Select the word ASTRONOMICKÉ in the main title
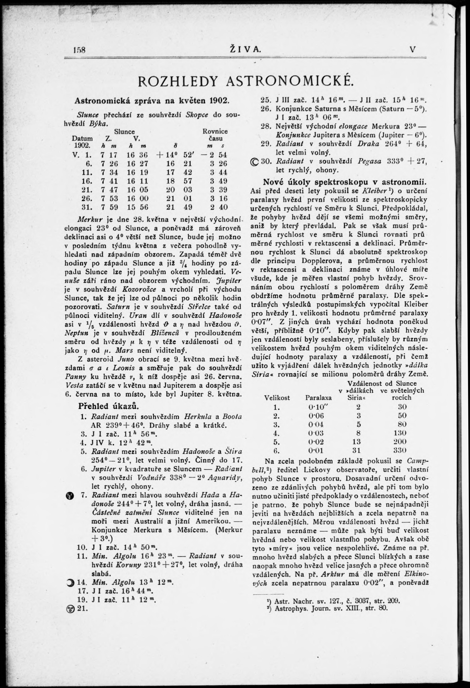(290, 81)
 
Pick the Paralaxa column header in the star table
(318, 398)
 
